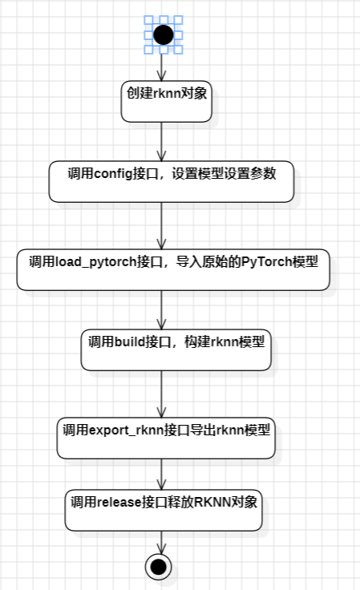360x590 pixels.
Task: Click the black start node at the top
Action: (163, 34)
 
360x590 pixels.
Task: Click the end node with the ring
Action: (158, 567)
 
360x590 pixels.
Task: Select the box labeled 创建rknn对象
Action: (167, 101)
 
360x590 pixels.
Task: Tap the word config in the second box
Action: (117, 173)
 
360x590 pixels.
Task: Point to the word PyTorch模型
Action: (285, 261)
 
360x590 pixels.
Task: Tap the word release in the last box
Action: (119, 503)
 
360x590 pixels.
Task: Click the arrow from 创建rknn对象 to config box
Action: (163, 141)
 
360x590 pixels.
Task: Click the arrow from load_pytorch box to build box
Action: (163, 309)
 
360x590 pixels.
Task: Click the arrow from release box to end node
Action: (160, 541)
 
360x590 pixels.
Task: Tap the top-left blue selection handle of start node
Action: (148, 20)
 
